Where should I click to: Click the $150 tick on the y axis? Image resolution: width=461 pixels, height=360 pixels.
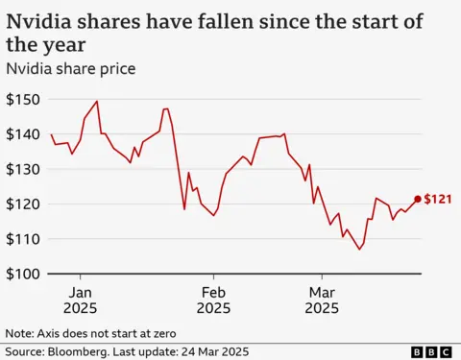24,99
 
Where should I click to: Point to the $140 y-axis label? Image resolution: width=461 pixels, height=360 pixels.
24,134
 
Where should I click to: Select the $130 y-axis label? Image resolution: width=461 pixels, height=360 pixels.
24,169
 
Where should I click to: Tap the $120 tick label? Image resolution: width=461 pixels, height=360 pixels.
24,204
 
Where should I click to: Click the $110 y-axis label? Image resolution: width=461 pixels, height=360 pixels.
24,239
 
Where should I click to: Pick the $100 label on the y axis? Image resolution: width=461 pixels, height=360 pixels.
24,275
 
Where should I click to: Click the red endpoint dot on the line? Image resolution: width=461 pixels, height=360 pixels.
417,200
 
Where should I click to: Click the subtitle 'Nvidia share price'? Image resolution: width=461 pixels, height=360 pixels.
68,68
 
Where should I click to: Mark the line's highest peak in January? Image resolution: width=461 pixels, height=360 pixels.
97,101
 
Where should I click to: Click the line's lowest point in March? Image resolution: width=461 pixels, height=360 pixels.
360,250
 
